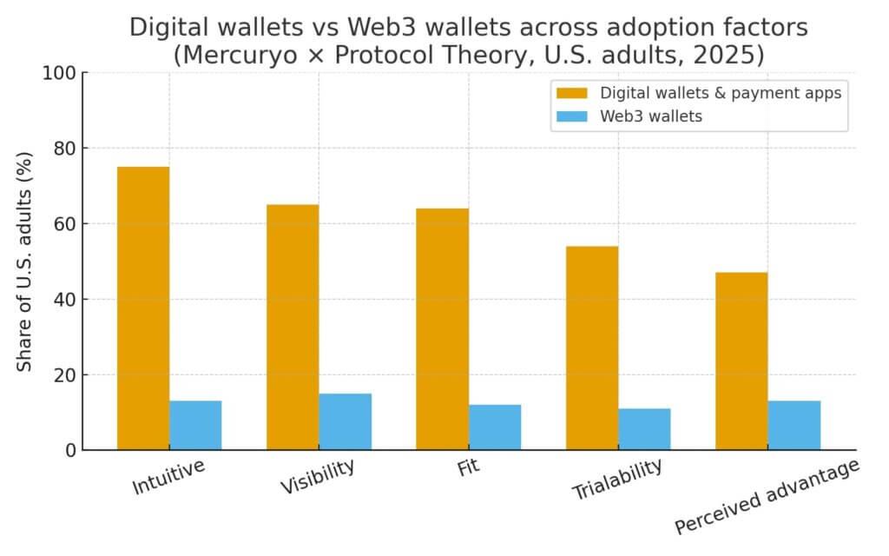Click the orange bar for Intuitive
[x=143, y=308]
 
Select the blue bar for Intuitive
[x=195, y=425]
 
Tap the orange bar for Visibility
[x=293, y=327]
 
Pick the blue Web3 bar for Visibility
[x=346, y=421]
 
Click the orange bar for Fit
[x=442, y=329]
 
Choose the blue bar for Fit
[x=495, y=427]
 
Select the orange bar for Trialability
[x=592, y=347]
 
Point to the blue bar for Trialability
[x=644, y=429]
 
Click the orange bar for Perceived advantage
[x=741, y=361]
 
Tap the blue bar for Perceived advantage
[x=794, y=425]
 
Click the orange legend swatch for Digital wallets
[x=571, y=93]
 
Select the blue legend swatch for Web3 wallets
[x=571, y=116]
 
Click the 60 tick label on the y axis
[x=63, y=224]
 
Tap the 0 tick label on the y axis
[x=69, y=450]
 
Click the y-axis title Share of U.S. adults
[x=25, y=261]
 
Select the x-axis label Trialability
[x=616, y=479]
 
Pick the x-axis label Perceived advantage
[x=767, y=496]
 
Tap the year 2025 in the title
[x=732, y=55]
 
